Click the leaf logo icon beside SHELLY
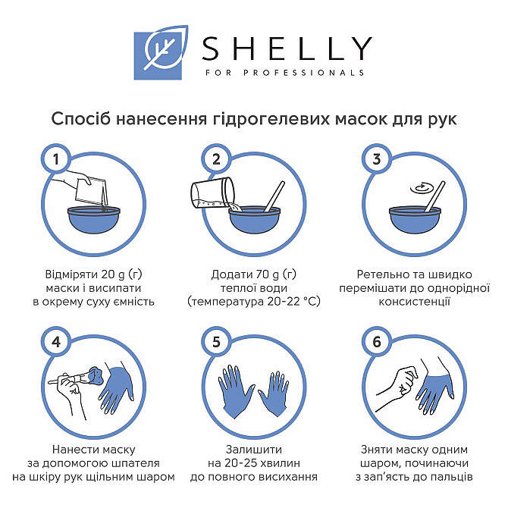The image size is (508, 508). click(x=161, y=52)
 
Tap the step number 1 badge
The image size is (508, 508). click(x=55, y=159)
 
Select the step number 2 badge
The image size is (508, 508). click(x=216, y=159)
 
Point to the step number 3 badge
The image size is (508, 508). click(x=377, y=159)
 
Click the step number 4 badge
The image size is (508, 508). click(x=55, y=341)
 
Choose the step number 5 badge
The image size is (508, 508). click(x=216, y=341)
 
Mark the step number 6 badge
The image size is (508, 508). click(x=377, y=341)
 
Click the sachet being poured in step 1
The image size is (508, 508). click(x=91, y=191)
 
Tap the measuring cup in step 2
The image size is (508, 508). click(x=212, y=193)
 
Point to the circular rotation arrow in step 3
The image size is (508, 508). click(x=420, y=188)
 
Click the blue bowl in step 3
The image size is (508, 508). click(x=415, y=219)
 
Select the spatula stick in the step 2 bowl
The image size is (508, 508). click(x=274, y=196)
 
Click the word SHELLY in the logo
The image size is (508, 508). click(x=287, y=49)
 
